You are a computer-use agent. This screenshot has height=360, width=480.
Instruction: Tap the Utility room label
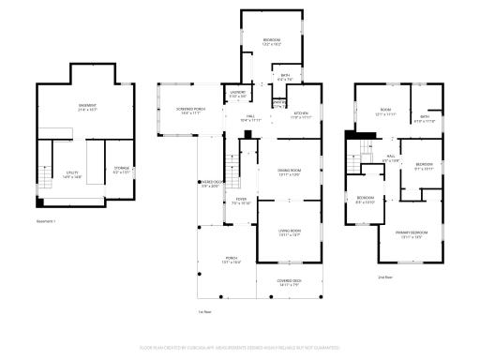(x=71, y=172)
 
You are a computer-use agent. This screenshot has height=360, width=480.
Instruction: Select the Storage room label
(x=123, y=170)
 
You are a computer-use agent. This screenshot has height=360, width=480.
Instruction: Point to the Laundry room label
(x=239, y=93)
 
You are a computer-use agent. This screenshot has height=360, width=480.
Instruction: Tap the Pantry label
(x=278, y=103)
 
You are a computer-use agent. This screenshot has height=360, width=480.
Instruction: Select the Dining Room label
(x=288, y=172)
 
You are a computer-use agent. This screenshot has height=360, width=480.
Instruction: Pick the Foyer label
(x=241, y=202)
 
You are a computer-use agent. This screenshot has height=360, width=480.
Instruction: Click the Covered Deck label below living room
(x=289, y=282)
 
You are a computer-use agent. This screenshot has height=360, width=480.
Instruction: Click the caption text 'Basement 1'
(x=46, y=221)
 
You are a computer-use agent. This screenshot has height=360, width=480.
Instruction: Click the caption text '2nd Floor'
(x=384, y=278)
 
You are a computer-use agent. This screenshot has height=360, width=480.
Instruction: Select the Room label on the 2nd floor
(x=384, y=112)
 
